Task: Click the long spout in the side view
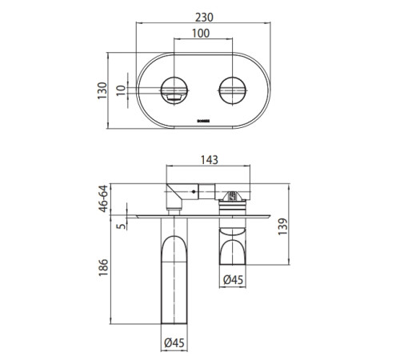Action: tap(174, 272)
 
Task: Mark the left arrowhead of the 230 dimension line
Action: tap(138, 21)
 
